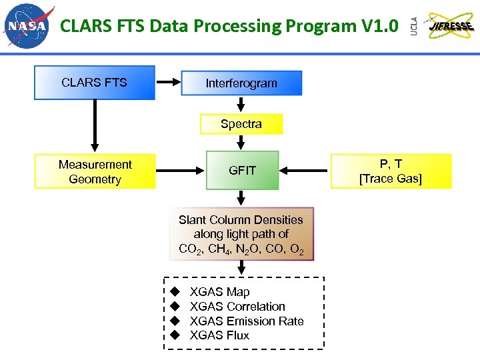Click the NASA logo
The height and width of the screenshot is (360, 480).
tap(29, 26)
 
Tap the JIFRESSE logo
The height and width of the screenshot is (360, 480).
tap(451, 26)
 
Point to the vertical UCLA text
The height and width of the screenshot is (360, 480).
tap(413, 27)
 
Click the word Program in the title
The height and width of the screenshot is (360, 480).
tap(320, 26)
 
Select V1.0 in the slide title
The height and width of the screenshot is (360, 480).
tap(379, 26)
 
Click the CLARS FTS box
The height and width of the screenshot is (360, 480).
tap(94, 83)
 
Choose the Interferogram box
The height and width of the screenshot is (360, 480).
tap(241, 83)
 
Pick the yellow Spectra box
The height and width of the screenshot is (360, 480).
tap(241, 124)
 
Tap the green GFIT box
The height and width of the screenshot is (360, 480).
tap(242, 171)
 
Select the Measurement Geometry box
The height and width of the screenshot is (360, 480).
tap(95, 172)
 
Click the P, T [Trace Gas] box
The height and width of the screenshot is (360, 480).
tap(391, 172)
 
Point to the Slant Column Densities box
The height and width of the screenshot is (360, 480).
tap(241, 234)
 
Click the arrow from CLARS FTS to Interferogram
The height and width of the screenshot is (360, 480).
tap(168, 83)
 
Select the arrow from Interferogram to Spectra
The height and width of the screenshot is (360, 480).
tap(241, 105)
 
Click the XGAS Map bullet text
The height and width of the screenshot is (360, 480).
tap(219, 292)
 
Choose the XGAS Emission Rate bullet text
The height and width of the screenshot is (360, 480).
tap(247, 321)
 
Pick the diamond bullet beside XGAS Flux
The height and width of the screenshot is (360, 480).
tap(175, 335)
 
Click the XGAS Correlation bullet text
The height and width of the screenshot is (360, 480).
tap(237, 307)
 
